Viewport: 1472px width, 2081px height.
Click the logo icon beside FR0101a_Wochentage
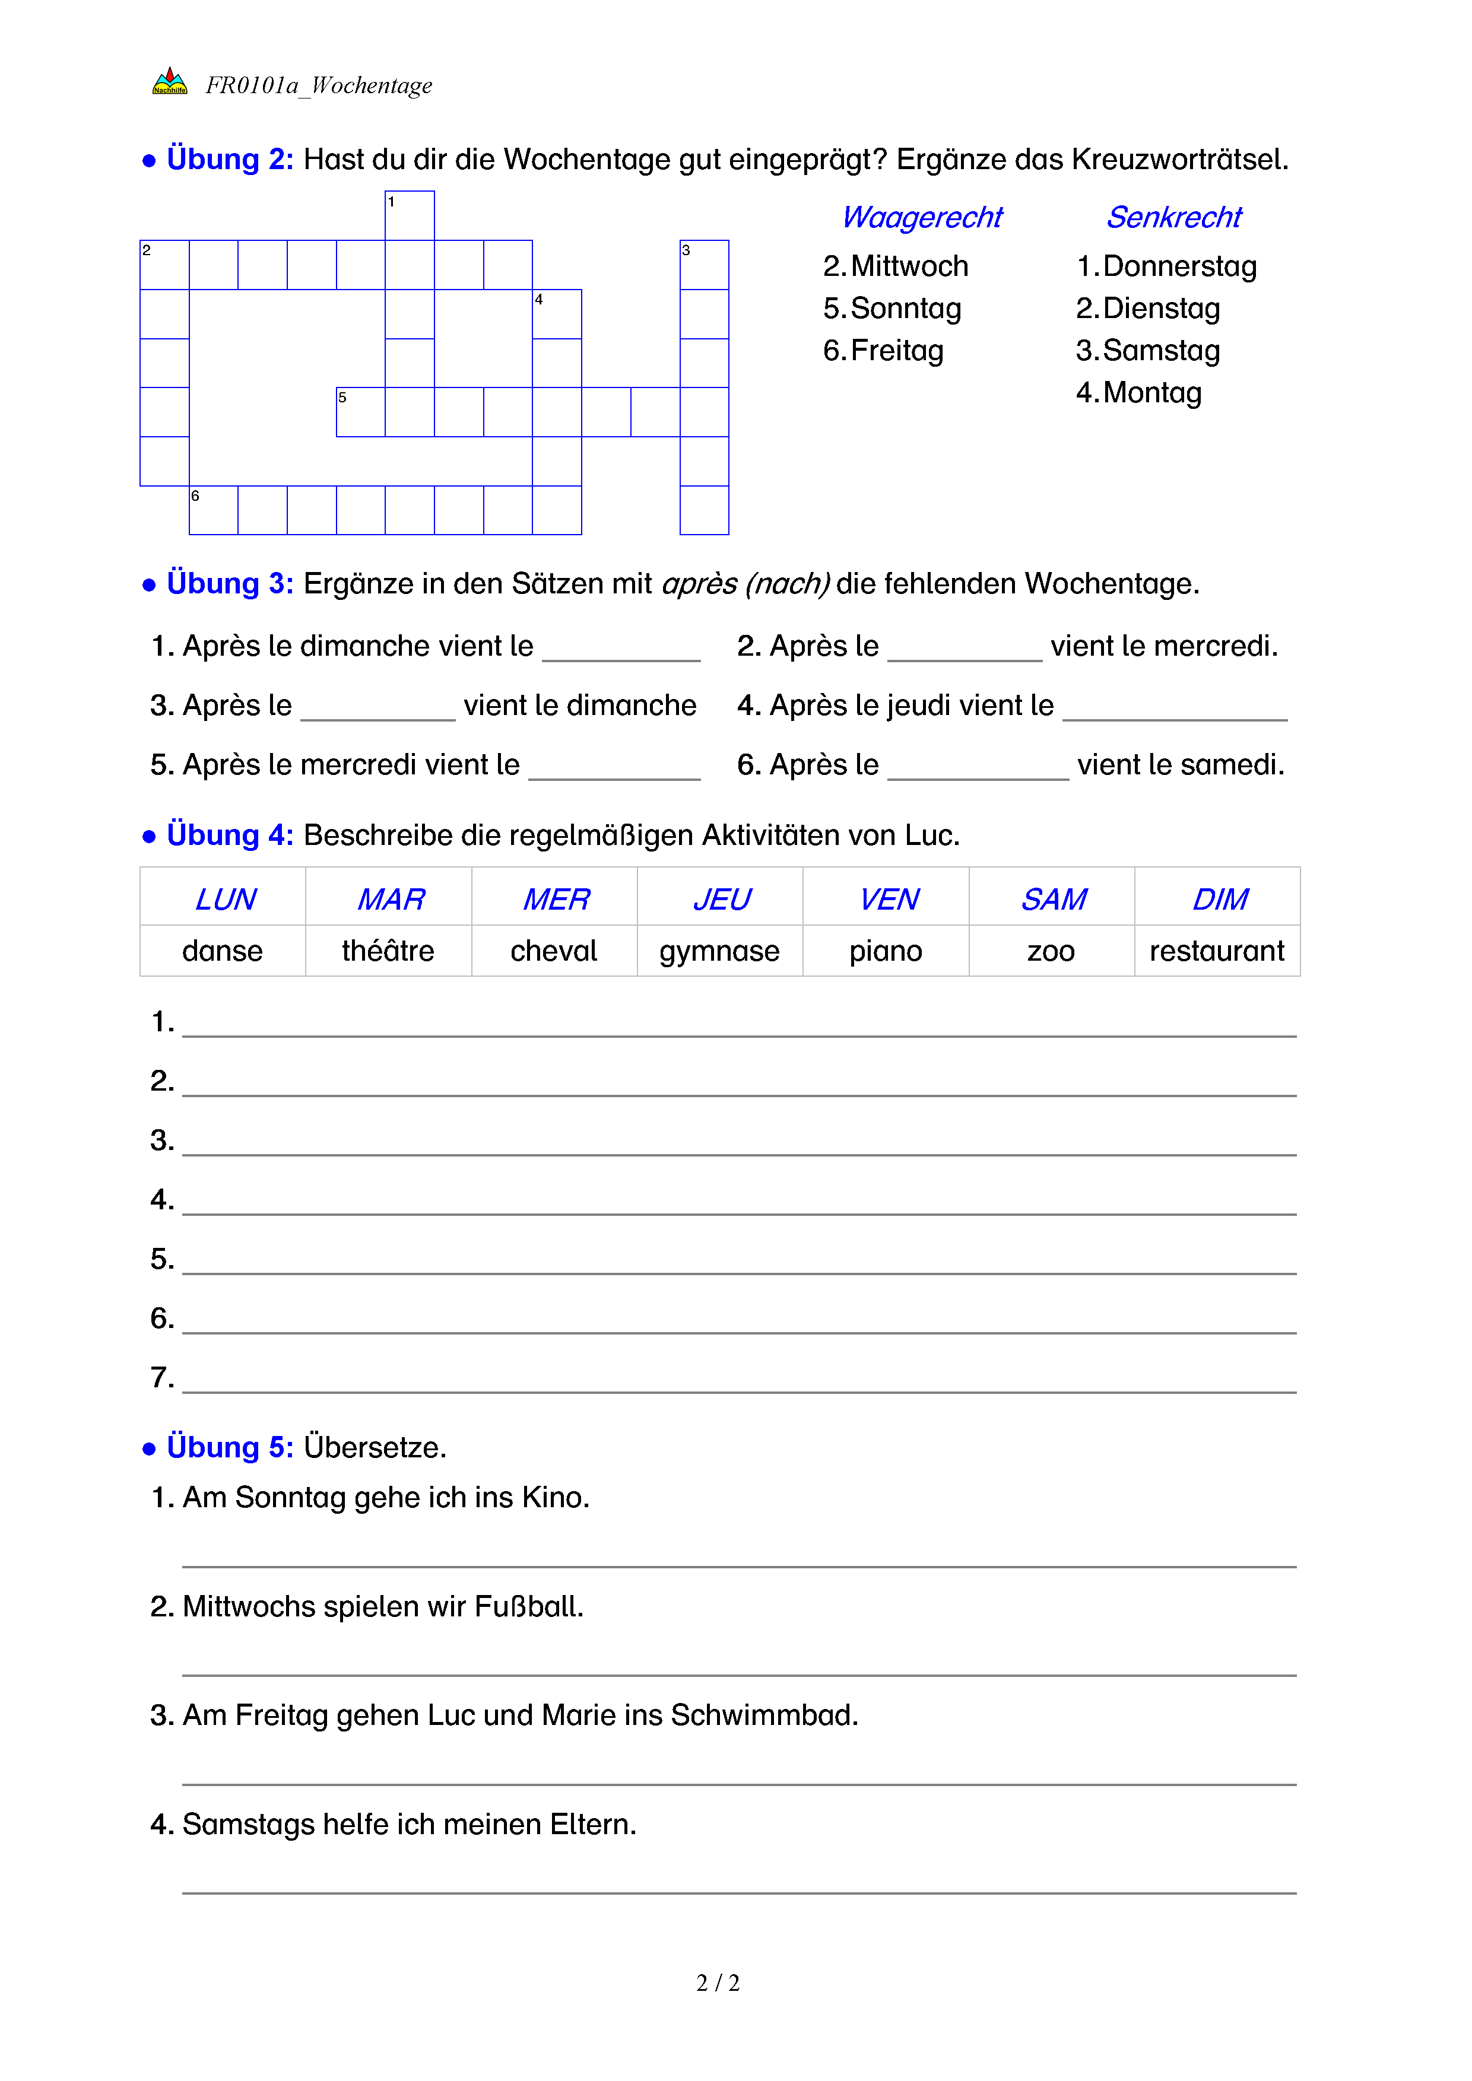click(x=170, y=82)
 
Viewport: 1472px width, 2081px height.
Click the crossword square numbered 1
click(x=410, y=216)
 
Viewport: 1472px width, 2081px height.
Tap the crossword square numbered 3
click(x=705, y=265)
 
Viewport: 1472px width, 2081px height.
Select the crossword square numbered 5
click(x=361, y=412)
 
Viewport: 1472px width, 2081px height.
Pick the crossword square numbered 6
click(x=214, y=510)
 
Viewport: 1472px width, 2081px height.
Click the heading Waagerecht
click(x=922, y=218)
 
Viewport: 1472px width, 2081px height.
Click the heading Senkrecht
click(x=1174, y=218)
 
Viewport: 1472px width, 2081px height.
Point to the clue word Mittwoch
click(x=909, y=266)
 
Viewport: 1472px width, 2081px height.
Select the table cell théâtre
click(x=388, y=951)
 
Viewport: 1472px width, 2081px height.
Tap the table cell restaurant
click(x=1216, y=951)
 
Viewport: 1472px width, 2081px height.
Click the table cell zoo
click(x=1051, y=951)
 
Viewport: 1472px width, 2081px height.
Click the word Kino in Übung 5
click(x=555, y=1497)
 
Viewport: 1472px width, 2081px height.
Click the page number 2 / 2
click(x=718, y=1982)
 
